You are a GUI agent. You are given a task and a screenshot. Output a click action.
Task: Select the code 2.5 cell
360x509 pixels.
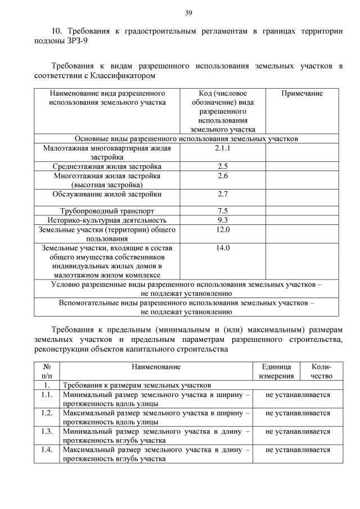[x=223, y=166]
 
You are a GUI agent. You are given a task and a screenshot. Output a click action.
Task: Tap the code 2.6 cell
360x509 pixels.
[x=223, y=176]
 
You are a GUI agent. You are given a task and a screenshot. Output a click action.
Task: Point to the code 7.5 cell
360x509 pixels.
[x=223, y=211]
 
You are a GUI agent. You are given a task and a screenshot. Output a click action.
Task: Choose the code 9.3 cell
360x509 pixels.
[x=223, y=220]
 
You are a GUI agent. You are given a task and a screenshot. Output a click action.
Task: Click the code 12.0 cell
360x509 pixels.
[x=223, y=229]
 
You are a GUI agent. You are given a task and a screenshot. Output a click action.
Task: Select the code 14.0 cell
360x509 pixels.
[x=223, y=247]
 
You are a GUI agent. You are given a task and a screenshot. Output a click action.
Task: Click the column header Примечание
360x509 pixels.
[x=302, y=93]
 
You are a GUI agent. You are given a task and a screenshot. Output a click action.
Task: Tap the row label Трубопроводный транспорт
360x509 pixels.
[x=107, y=211]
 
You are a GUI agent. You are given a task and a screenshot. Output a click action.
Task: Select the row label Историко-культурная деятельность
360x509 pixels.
[x=107, y=220]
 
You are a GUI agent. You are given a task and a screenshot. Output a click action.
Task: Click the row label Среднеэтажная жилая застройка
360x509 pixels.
[x=107, y=166]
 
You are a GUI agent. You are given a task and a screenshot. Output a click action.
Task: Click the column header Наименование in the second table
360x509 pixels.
[x=156, y=367]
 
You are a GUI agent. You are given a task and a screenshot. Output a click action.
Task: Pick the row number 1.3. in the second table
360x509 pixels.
[x=47, y=431]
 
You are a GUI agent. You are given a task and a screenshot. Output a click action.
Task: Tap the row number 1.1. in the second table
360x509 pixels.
[x=47, y=395]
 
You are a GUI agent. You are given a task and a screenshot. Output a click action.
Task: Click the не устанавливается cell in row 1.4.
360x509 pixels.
[x=298, y=450]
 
